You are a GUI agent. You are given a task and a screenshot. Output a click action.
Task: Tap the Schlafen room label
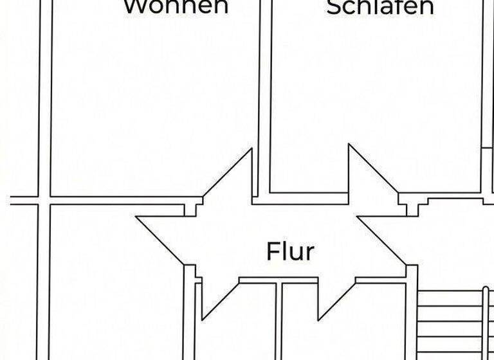[x=380, y=6]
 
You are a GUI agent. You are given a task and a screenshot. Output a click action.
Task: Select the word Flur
[x=290, y=251]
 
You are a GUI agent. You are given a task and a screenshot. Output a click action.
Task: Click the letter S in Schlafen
[x=334, y=7]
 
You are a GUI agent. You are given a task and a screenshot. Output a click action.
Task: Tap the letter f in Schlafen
[x=403, y=6]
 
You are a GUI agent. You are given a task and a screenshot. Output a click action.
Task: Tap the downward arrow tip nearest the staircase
[x=319, y=319]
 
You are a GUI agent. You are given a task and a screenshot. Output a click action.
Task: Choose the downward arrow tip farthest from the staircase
[x=203, y=319]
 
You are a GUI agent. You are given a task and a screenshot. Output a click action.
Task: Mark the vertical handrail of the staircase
[x=486, y=321]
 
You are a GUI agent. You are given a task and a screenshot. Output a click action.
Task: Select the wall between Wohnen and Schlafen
[x=264, y=96]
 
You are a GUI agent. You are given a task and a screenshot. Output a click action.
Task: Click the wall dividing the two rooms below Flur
[x=280, y=321]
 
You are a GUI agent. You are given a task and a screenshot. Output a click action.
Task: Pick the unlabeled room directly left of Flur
[x=116, y=283]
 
